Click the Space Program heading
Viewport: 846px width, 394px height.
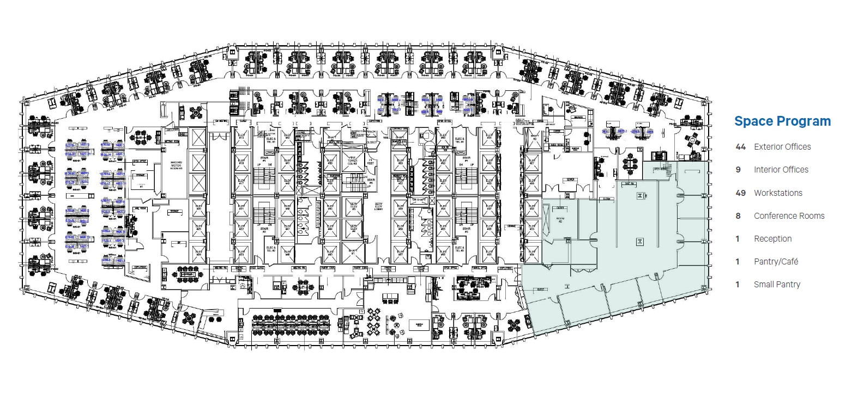(782, 121)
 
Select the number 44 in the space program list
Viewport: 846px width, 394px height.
(740, 147)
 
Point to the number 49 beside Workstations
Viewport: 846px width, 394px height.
(740, 193)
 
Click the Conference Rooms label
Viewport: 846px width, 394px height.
(789, 216)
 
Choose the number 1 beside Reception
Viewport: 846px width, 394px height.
(738, 239)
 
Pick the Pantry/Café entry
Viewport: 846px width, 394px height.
(776, 262)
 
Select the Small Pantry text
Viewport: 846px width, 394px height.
(777, 285)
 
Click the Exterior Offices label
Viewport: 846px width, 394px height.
(782, 147)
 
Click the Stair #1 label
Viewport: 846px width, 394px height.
(264, 161)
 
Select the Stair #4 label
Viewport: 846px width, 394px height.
(466, 161)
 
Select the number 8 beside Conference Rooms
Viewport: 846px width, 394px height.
(738, 216)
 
